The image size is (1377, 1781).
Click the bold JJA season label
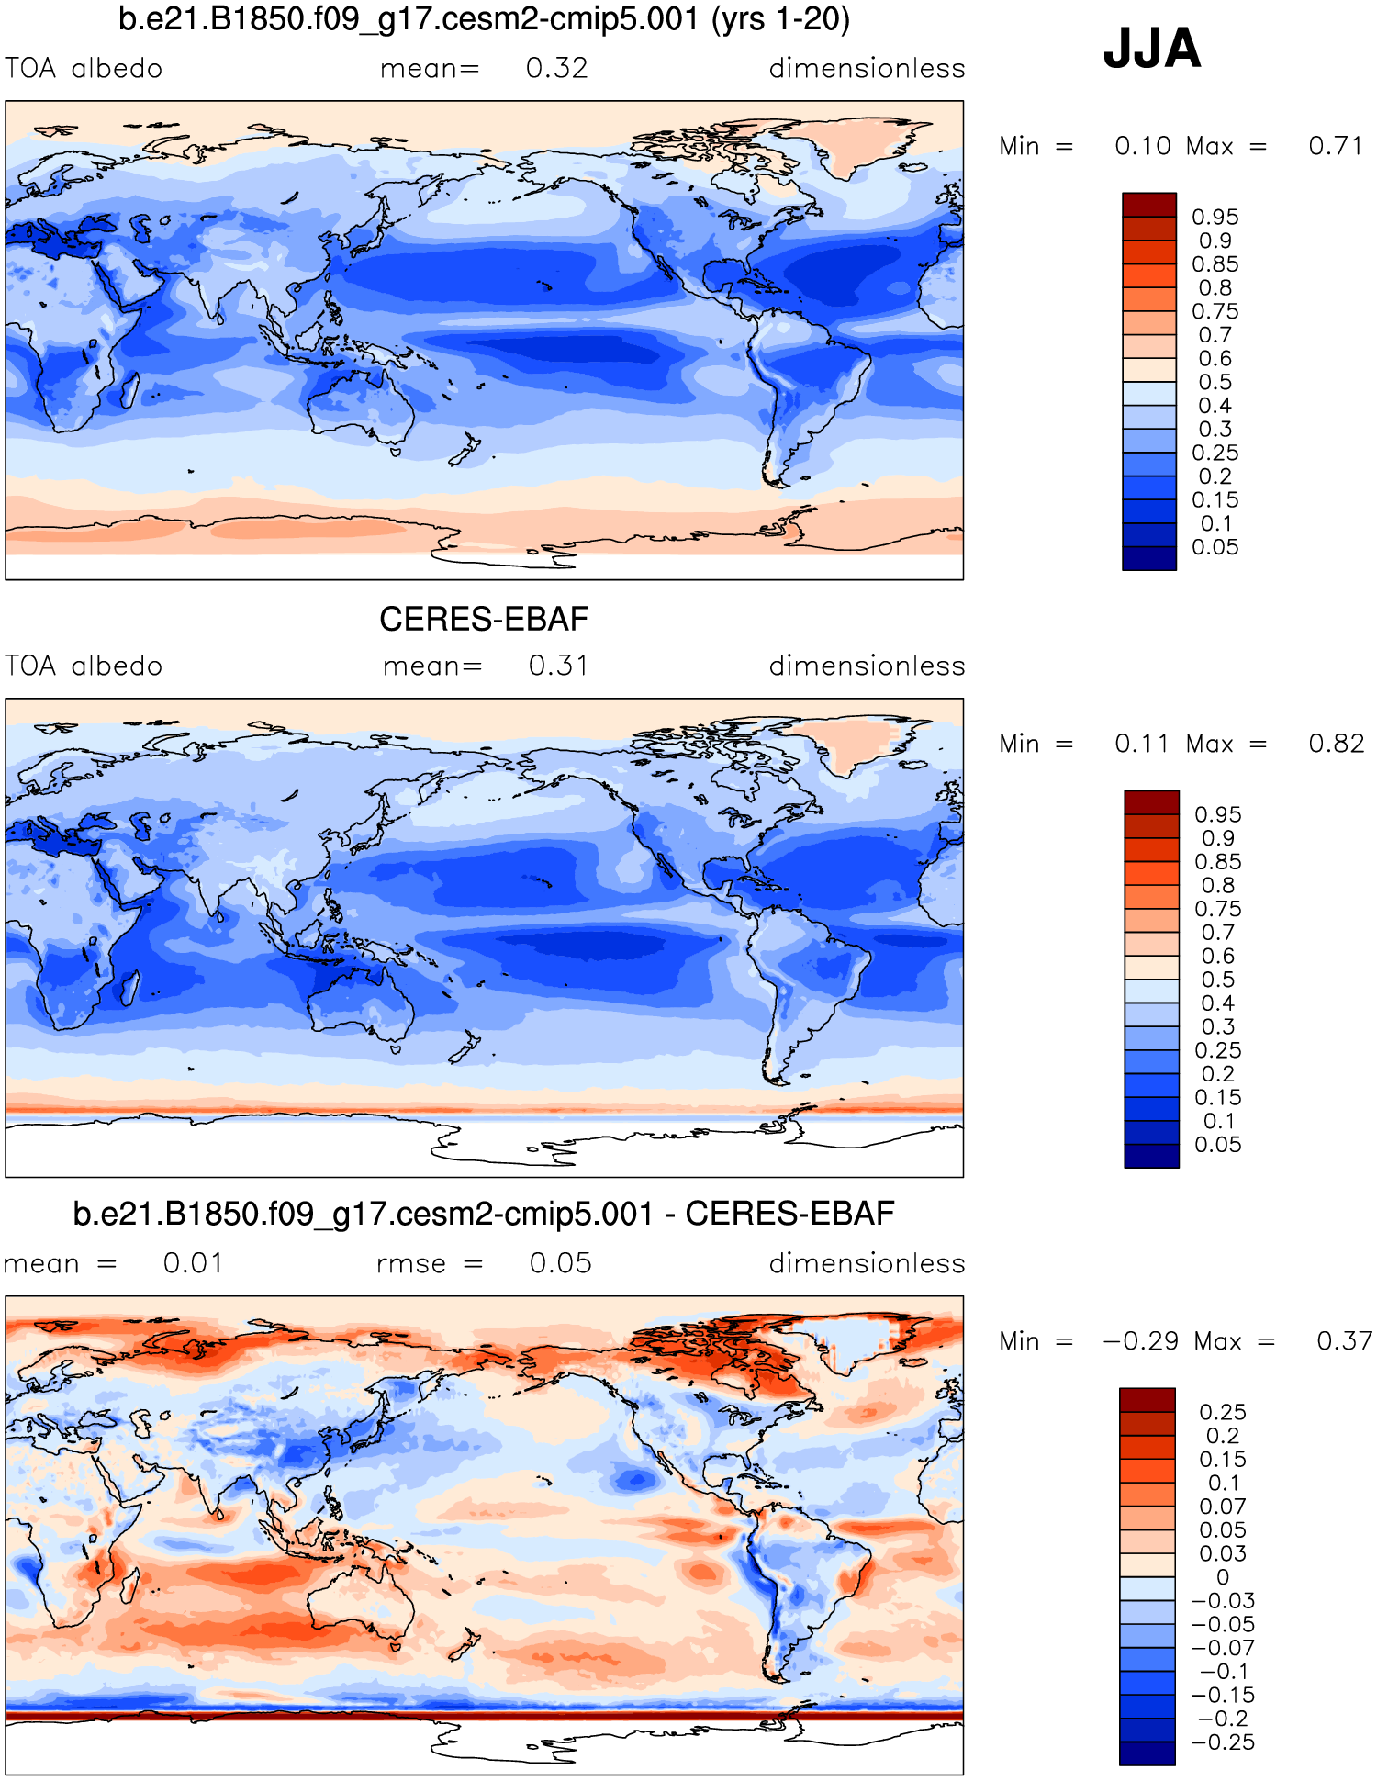tap(1151, 49)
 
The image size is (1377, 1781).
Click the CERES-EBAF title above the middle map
tap(484, 619)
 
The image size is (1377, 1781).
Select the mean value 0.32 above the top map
tap(556, 69)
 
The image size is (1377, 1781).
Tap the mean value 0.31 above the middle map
tap(558, 666)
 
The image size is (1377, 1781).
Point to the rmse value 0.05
tap(560, 1263)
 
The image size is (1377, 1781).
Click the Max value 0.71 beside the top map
tap(1335, 146)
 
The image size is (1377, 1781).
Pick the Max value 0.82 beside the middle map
tap(1336, 744)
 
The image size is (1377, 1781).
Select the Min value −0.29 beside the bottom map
tap(1140, 1341)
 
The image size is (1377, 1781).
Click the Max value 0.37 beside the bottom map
tap(1344, 1341)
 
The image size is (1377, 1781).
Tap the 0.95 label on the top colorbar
tap(1215, 218)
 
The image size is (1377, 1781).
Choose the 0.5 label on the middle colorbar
tap(1217, 980)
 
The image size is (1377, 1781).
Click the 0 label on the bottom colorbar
tap(1222, 1577)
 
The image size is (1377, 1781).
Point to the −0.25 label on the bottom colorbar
tap(1222, 1742)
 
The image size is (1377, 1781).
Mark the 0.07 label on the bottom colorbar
tap(1222, 1507)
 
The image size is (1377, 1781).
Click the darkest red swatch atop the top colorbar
tap(1148, 205)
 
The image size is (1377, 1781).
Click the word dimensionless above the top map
tap(867, 69)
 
